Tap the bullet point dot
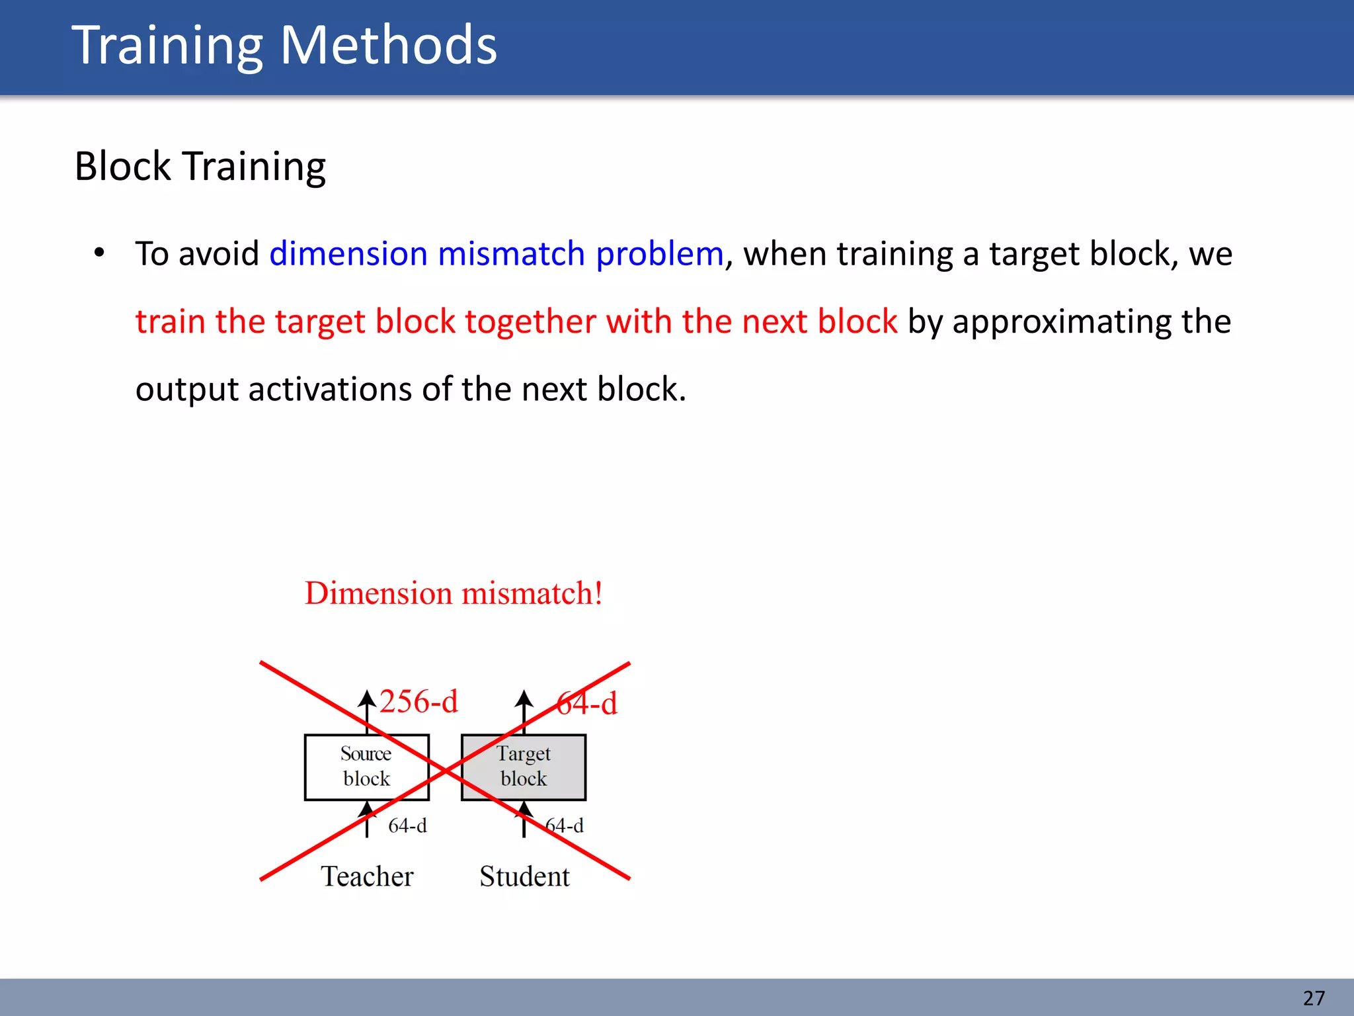[99, 253]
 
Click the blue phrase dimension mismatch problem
[496, 254]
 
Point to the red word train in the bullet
[171, 321]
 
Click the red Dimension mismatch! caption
[454, 593]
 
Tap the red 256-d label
[418, 702]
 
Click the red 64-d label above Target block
[587, 703]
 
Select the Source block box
[366, 767]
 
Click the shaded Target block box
[524, 767]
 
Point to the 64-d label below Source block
[407, 825]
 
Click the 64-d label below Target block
[565, 825]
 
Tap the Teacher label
[367, 876]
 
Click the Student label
[524, 876]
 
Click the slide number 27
[1314, 997]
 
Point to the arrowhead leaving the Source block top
[367, 698]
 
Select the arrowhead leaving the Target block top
[524, 698]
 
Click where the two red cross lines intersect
[446, 771]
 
